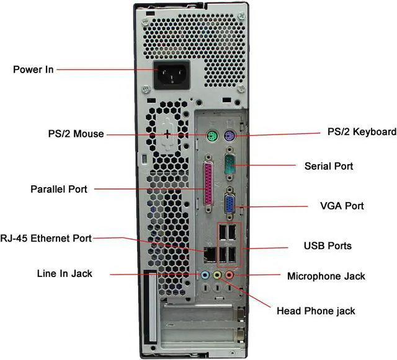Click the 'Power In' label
point(33,69)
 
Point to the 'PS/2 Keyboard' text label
point(362,132)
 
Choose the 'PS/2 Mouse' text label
point(76,134)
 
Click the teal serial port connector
point(229,165)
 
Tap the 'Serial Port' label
point(329,166)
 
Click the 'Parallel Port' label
point(59,188)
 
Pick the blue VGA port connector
point(229,205)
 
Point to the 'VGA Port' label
point(342,206)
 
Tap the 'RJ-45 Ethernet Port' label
point(47,238)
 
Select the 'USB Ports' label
point(328,246)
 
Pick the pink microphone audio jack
point(230,274)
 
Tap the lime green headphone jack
point(217,274)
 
